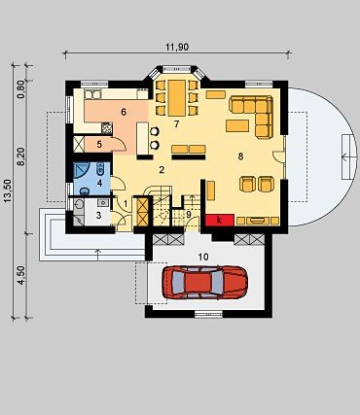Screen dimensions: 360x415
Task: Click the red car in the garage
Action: tap(204, 282)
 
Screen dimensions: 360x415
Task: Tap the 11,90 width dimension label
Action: tap(177, 47)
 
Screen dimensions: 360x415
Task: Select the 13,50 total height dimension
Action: tap(8, 190)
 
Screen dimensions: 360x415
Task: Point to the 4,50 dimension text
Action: tap(20, 275)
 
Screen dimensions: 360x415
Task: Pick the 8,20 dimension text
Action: tap(20, 156)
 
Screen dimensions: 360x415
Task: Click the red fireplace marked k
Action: tap(220, 220)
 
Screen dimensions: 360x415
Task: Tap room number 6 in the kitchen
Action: tap(124, 112)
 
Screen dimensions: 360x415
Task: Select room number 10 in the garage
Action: tap(203, 257)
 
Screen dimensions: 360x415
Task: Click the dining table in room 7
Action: tap(177, 98)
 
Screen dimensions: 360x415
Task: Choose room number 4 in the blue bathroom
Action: tap(99, 183)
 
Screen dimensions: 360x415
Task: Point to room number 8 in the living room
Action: tap(240, 156)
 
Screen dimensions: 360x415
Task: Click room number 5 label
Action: tap(99, 145)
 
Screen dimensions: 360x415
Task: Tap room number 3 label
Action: tap(98, 215)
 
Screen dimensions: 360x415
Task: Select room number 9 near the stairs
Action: tap(189, 214)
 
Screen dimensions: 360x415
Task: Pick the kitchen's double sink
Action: tap(92, 94)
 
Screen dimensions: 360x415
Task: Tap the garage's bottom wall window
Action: tap(208, 314)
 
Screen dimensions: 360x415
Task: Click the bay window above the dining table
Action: tap(176, 69)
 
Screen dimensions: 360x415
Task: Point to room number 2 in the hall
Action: tap(162, 170)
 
